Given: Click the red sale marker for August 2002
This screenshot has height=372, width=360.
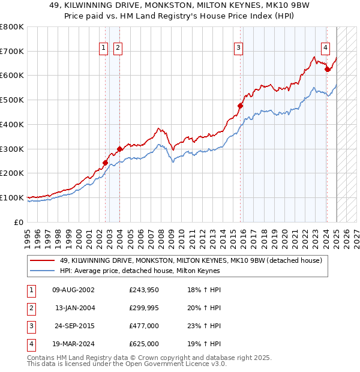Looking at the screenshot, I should (x=105, y=163).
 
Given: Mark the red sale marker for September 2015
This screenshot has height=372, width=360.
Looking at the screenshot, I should (x=240, y=106).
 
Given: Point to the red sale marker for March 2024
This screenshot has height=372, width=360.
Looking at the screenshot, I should (x=327, y=70).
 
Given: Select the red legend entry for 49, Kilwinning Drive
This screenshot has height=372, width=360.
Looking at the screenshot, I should (x=191, y=260).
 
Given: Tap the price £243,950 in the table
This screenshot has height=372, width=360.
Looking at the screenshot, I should (x=144, y=290).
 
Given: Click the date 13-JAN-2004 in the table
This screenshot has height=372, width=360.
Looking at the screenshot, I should (x=75, y=308).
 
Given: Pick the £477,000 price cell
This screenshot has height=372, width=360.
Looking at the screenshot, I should (x=144, y=326).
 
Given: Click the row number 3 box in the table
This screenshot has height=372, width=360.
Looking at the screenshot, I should (x=31, y=326).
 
